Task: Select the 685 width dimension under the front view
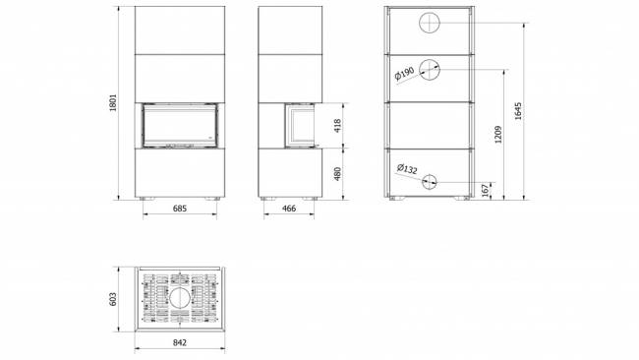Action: click(x=180, y=209)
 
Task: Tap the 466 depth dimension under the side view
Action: click(x=289, y=209)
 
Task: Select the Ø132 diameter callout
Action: click(x=407, y=170)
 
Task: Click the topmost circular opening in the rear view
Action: click(x=432, y=24)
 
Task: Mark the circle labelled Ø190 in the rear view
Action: click(x=432, y=69)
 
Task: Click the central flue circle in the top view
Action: click(x=180, y=297)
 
